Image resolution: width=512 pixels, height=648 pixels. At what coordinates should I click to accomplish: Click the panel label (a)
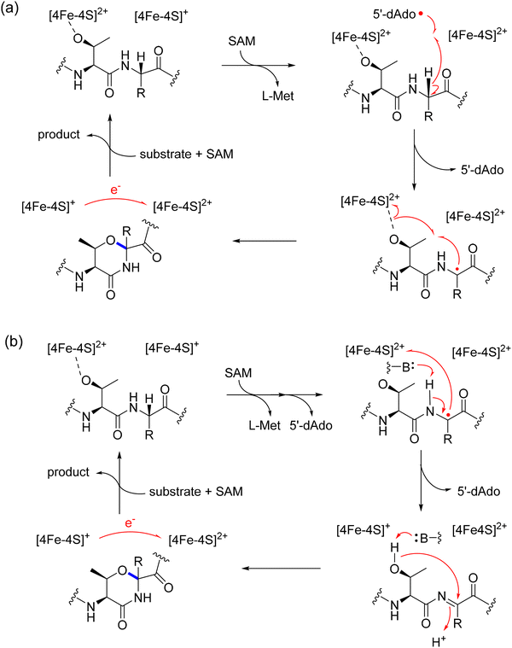coord(9,9)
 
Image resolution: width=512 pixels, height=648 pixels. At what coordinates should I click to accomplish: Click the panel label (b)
coord(14,342)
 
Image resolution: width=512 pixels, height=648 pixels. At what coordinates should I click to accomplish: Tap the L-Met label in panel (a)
coord(278,96)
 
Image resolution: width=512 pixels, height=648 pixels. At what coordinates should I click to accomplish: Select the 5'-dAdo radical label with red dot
coord(398,14)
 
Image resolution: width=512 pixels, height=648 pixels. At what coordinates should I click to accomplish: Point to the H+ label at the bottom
coord(439,641)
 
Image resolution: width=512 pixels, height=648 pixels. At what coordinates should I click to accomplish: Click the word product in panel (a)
coord(59,135)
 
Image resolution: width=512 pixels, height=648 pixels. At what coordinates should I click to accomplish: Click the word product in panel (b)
coord(68,472)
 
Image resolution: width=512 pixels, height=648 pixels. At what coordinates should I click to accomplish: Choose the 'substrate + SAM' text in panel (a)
coord(187,155)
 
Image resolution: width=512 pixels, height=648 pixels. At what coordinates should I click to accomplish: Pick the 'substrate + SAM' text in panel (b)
coord(195,492)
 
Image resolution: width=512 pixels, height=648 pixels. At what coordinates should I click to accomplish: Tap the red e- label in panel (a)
coord(115,190)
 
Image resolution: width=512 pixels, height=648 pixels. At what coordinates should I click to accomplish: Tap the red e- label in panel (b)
coord(130,522)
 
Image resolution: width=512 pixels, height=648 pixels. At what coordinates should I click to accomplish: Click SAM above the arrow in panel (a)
coord(241,41)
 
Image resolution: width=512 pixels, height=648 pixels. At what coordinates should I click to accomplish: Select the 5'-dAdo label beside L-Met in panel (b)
coord(311,425)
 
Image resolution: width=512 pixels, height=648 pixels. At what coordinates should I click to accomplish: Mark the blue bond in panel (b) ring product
coord(133,576)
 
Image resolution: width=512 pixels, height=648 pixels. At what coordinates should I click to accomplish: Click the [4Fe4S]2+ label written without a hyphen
coord(480,529)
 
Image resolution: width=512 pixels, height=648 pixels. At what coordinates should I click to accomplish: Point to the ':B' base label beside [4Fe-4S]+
coord(428,539)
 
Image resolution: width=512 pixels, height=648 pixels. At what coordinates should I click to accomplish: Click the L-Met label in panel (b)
coord(265,425)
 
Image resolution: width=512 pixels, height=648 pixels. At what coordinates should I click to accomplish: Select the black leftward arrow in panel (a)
coord(265,241)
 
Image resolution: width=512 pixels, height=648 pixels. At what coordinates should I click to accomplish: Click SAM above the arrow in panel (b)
coord(238,373)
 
